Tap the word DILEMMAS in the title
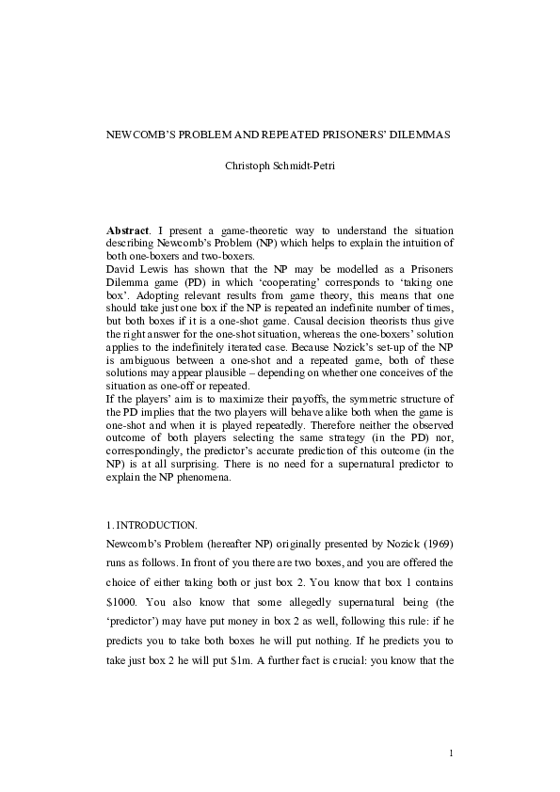(418, 135)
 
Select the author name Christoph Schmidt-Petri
(280, 166)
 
